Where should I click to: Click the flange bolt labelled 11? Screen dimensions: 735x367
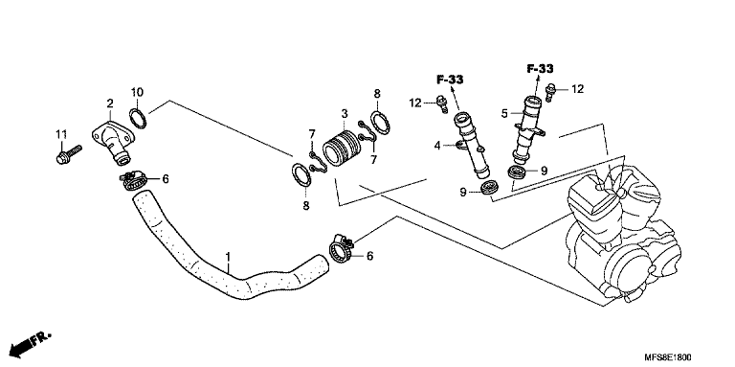point(69,155)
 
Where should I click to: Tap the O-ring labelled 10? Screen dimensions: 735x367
point(138,118)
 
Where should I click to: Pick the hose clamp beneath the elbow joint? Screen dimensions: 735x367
point(134,181)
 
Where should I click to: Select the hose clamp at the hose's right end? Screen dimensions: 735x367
point(343,249)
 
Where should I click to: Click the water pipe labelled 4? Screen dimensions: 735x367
point(471,145)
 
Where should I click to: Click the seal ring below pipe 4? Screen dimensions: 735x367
point(488,186)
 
